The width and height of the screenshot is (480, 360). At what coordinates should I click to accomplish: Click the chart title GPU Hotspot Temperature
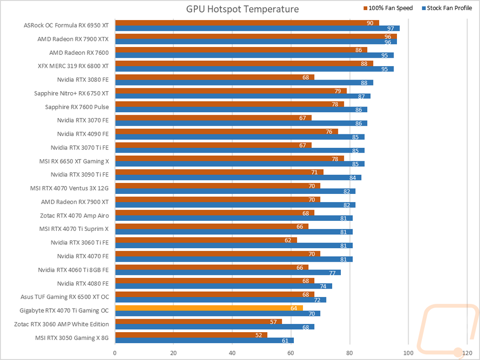click(x=242, y=9)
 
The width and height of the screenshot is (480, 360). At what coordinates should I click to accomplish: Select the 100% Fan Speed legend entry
click(x=388, y=8)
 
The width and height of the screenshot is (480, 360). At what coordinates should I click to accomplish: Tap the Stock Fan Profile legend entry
click(x=447, y=8)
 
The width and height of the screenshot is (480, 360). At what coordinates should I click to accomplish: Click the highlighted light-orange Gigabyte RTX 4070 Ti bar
click(x=209, y=308)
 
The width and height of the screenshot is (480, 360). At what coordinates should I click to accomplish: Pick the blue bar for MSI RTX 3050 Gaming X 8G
click(x=204, y=340)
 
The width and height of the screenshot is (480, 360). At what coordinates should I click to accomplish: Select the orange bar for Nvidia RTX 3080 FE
click(x=215, y=77)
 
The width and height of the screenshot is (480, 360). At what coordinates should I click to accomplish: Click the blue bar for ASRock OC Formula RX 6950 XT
click(x=257, y=28)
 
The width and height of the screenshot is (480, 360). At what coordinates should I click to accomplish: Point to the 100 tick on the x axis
click(x=408, y=353)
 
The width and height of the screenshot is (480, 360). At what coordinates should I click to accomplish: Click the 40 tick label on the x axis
click(x=232, y=353)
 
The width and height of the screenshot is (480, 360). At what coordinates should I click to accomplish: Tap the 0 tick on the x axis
click(x=115, y=353)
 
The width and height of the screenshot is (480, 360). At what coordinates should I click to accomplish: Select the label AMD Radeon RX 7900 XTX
click(x=73, y=39)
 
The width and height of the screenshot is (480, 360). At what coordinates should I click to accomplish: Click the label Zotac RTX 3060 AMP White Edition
click(x=61, y=324)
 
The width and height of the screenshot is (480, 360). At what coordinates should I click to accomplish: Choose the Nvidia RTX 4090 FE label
click(x=83, y=134)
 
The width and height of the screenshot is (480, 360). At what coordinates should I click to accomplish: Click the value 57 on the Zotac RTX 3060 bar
click(x=274, y=322)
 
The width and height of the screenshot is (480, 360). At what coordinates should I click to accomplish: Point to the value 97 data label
click(x=391, y=28)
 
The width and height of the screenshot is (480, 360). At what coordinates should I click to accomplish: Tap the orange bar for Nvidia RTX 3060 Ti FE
click(x=206, y=240)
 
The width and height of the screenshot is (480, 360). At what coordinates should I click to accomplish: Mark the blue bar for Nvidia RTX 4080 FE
click(x=224, y=286)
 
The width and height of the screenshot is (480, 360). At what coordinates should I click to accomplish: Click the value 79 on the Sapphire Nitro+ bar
click(x=337, y=91)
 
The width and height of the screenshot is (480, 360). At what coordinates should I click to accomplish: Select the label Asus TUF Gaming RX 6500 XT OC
click(x=65, y=297)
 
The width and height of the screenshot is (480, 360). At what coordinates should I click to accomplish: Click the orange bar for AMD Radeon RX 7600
click(x=241, y=50)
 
